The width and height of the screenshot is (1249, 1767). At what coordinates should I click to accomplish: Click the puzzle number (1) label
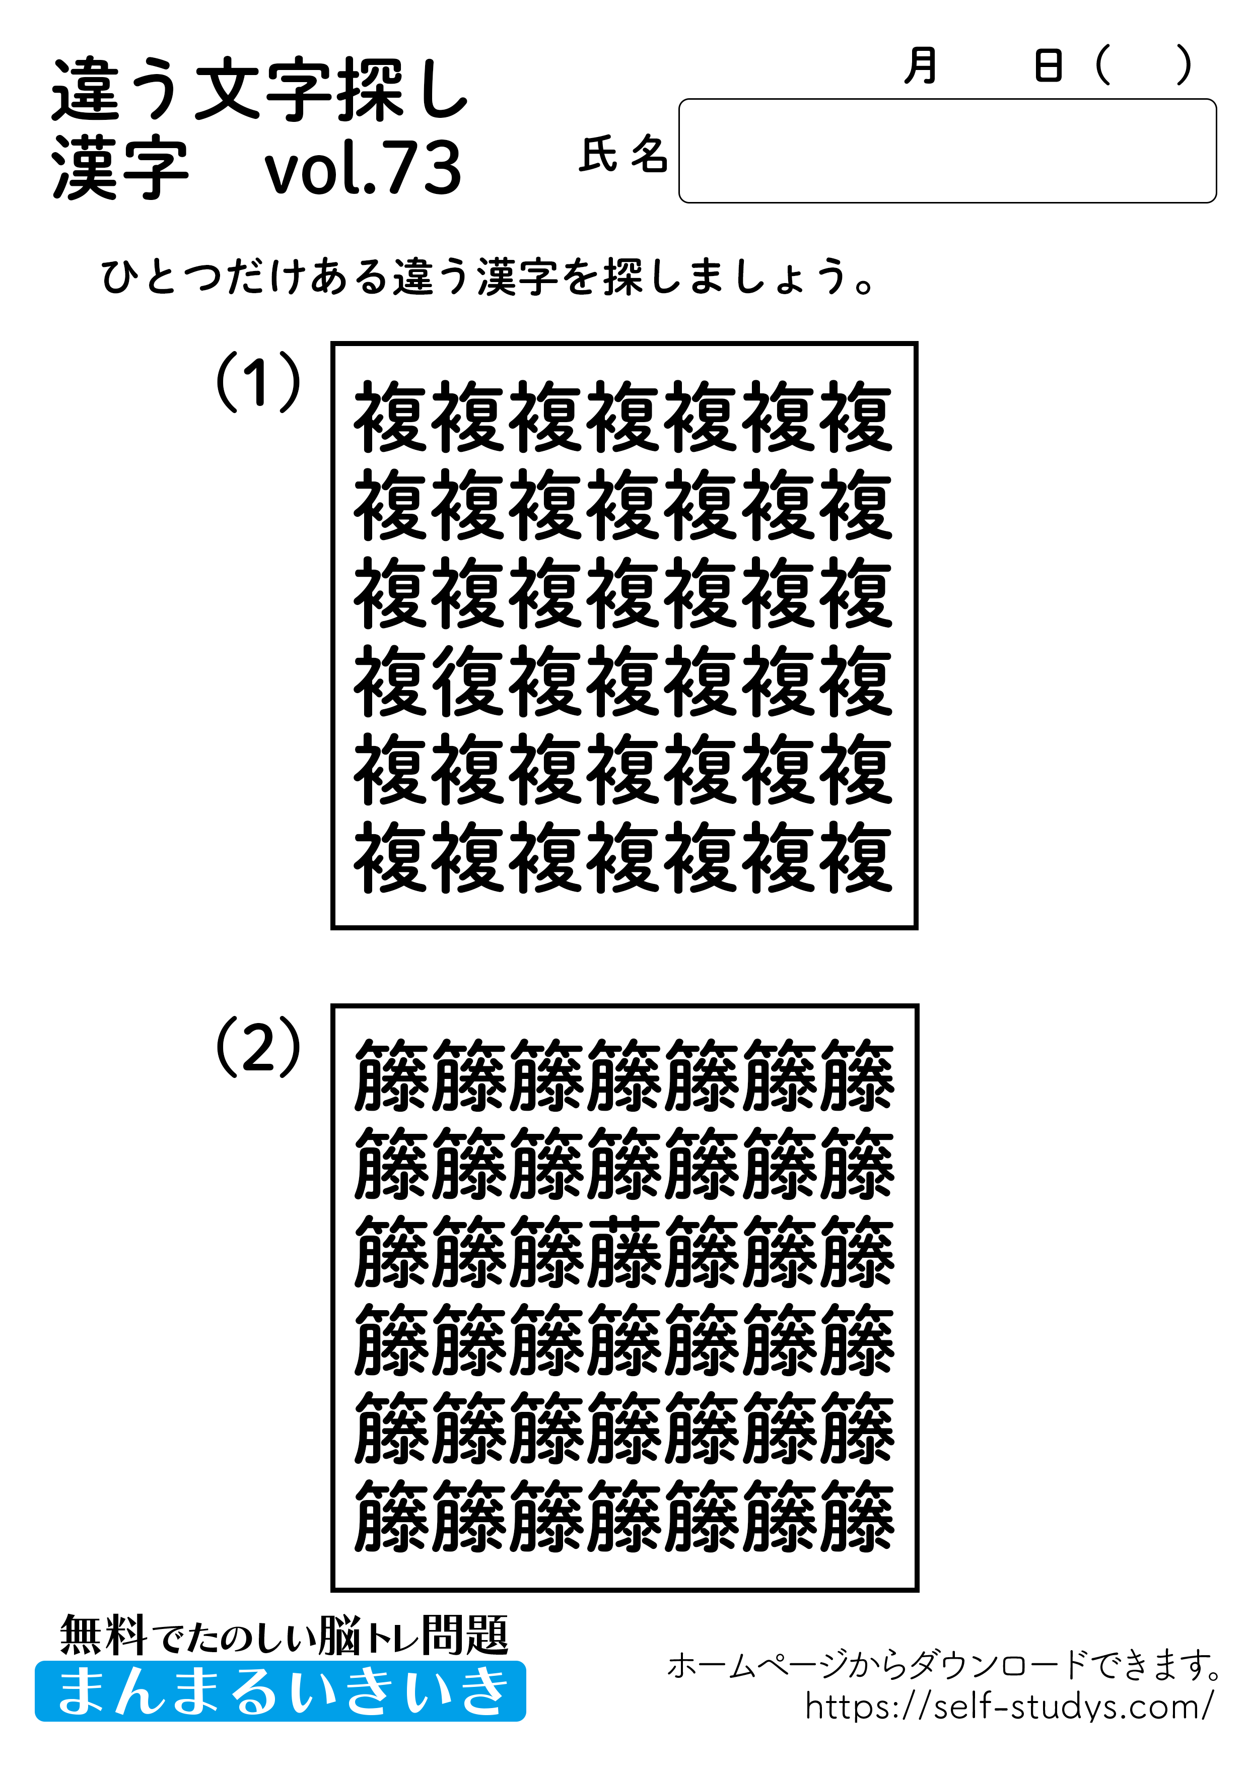pos(258,382)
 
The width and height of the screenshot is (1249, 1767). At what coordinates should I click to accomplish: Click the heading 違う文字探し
pos(260,90)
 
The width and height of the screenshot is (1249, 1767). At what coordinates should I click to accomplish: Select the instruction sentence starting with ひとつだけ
pos(487,277)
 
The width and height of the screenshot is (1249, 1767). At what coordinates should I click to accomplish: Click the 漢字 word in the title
pos(120,169)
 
